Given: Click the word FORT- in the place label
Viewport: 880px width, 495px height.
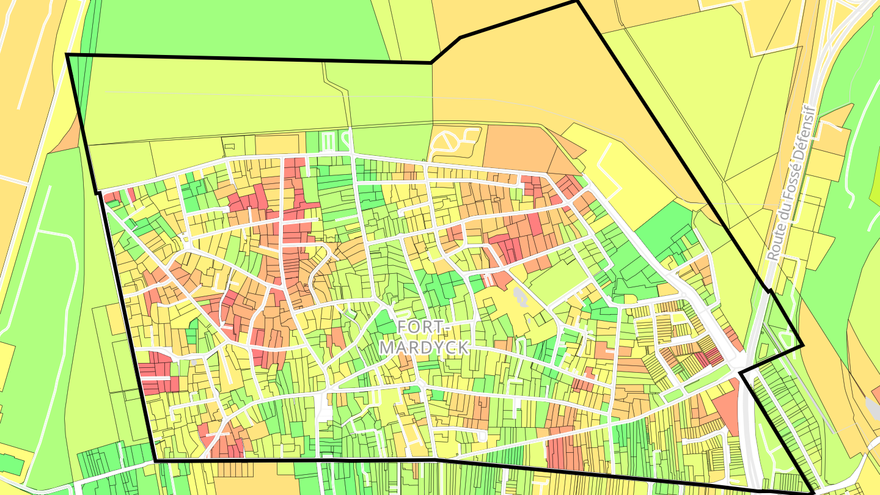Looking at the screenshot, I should (x=423, y=327).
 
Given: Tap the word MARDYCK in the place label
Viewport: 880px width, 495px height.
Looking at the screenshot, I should (x=424, y=347).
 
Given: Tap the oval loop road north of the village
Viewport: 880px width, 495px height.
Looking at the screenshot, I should (x=449, y=143).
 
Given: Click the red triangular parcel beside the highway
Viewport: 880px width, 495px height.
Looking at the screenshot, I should (x=726, y=406).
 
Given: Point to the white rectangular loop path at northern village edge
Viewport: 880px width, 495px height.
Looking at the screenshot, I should (x=328, y=142).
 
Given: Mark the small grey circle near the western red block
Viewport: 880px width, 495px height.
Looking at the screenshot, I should (x=194, y=362).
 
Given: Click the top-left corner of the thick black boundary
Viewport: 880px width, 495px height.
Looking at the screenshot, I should (x=67, y=55).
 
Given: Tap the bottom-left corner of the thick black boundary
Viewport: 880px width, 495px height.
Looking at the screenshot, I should (x=155, y=460).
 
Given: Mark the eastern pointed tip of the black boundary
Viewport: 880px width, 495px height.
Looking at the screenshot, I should (x=802, y=345).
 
